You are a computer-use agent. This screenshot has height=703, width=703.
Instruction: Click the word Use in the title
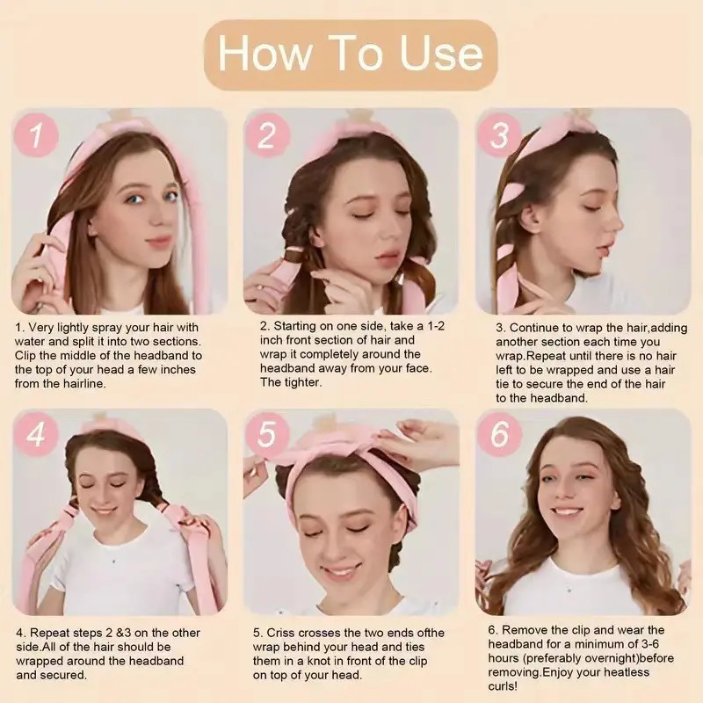pos(441,54)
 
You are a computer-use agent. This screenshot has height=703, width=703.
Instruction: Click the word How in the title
pos(265,54)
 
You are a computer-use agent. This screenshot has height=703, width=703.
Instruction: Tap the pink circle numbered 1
pos(36,134)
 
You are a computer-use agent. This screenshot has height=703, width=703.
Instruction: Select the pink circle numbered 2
pos(267,134)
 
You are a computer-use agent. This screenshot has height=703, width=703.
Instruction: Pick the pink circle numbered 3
pos(499,134)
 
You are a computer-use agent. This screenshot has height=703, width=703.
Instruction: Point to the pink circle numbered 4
pos(36,433)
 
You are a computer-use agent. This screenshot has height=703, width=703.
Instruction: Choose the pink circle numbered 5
pos(267,433)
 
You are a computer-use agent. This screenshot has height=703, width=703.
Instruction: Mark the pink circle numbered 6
pos(499,433)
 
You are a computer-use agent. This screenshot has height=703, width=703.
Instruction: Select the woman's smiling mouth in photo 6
pos(566,511)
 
